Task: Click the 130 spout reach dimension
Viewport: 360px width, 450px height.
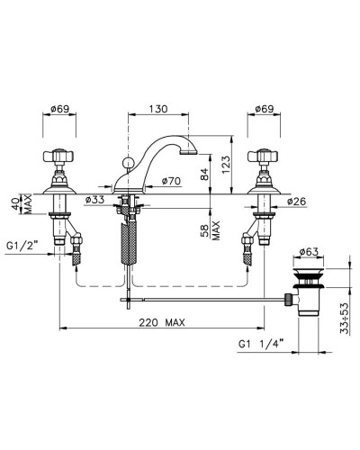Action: (x=158, y=109)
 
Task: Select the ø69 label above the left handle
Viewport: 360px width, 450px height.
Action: (x=59, y=109)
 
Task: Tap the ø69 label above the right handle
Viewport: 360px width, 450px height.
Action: (x=265, y=109)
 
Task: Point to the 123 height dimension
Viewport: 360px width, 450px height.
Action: (x=226, y=165)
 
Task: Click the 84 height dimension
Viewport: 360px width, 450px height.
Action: (x=204, y=174)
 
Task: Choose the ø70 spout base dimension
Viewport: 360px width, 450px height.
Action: (x=171, y=181)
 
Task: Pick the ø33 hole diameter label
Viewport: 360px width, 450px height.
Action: (x=94, y=199)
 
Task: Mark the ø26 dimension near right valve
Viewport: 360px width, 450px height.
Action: (x=297, y=202)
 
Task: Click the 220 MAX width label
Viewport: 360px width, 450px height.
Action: (x=162, y=322)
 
